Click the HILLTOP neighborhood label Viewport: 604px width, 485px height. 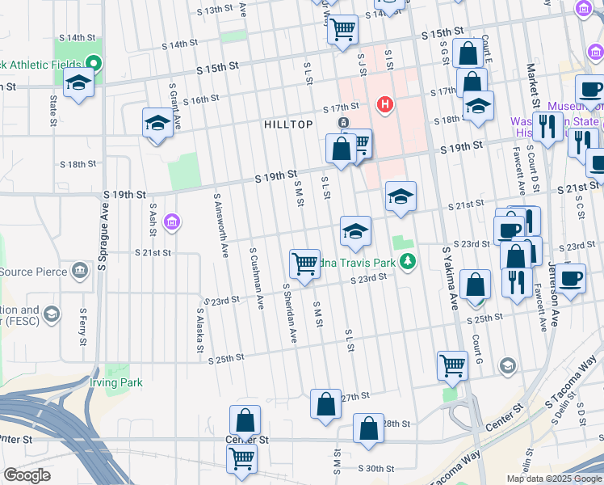click(x=288, y=124)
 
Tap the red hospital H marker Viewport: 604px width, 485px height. click(x=385, y=104)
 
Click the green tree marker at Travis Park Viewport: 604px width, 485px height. click(x=410, y=261)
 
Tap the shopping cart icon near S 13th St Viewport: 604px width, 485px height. click(x=343, y=30)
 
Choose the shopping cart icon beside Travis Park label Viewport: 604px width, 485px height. click(x=304, y=263)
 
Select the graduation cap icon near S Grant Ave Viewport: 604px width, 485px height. click(x=157, y=123)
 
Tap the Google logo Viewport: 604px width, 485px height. click(x=27, y=475)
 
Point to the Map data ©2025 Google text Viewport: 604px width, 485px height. click(x=553, y=479)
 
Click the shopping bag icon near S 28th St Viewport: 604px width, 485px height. click(x=368, y=428)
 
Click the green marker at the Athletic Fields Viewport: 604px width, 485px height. click(x=94, y=63)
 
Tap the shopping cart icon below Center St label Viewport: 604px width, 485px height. click(x=241, y=458)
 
